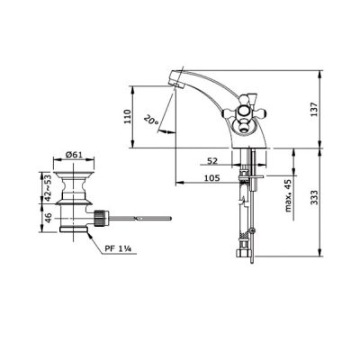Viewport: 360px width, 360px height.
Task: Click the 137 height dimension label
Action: tap(314, 110)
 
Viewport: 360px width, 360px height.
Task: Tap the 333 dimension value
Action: tap(314, 197)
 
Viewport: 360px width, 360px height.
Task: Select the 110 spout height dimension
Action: tap(128, 117)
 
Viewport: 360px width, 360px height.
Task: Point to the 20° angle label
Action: tap(151, 121)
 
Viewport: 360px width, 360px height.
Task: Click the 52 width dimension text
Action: tap(212, 161)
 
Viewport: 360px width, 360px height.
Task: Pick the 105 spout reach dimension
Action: tap(211, 178)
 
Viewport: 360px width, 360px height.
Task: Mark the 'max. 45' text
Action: tap(288, 195)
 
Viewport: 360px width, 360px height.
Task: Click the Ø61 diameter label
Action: tap(74, 155)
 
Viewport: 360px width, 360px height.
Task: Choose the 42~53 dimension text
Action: tap(48, 188)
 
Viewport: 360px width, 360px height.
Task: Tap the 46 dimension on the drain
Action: tap(48, 217)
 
